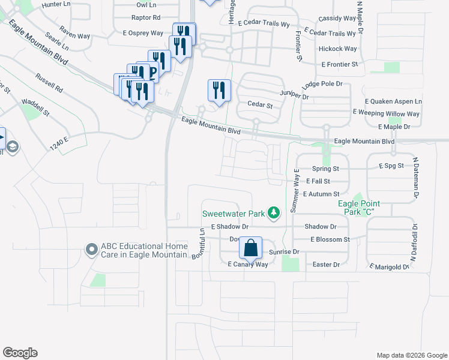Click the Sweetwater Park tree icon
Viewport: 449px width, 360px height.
(274, 212)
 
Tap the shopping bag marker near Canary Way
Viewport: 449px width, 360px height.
(250, 247)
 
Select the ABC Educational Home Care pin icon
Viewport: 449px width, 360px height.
(91, 248)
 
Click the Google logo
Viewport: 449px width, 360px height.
(20, 353)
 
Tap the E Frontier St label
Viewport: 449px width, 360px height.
(340, 64)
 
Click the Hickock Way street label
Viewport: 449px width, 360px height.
(338, 49)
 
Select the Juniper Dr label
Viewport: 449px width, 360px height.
(294, 96)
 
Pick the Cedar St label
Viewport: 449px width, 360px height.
(260, 105)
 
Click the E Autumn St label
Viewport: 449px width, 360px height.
(321, 194)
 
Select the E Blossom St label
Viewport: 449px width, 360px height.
(330, 239)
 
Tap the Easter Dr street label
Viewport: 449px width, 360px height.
(327, 265)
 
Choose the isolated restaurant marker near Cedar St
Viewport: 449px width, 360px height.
(218, 90)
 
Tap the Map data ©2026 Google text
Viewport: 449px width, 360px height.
(411, 355)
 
